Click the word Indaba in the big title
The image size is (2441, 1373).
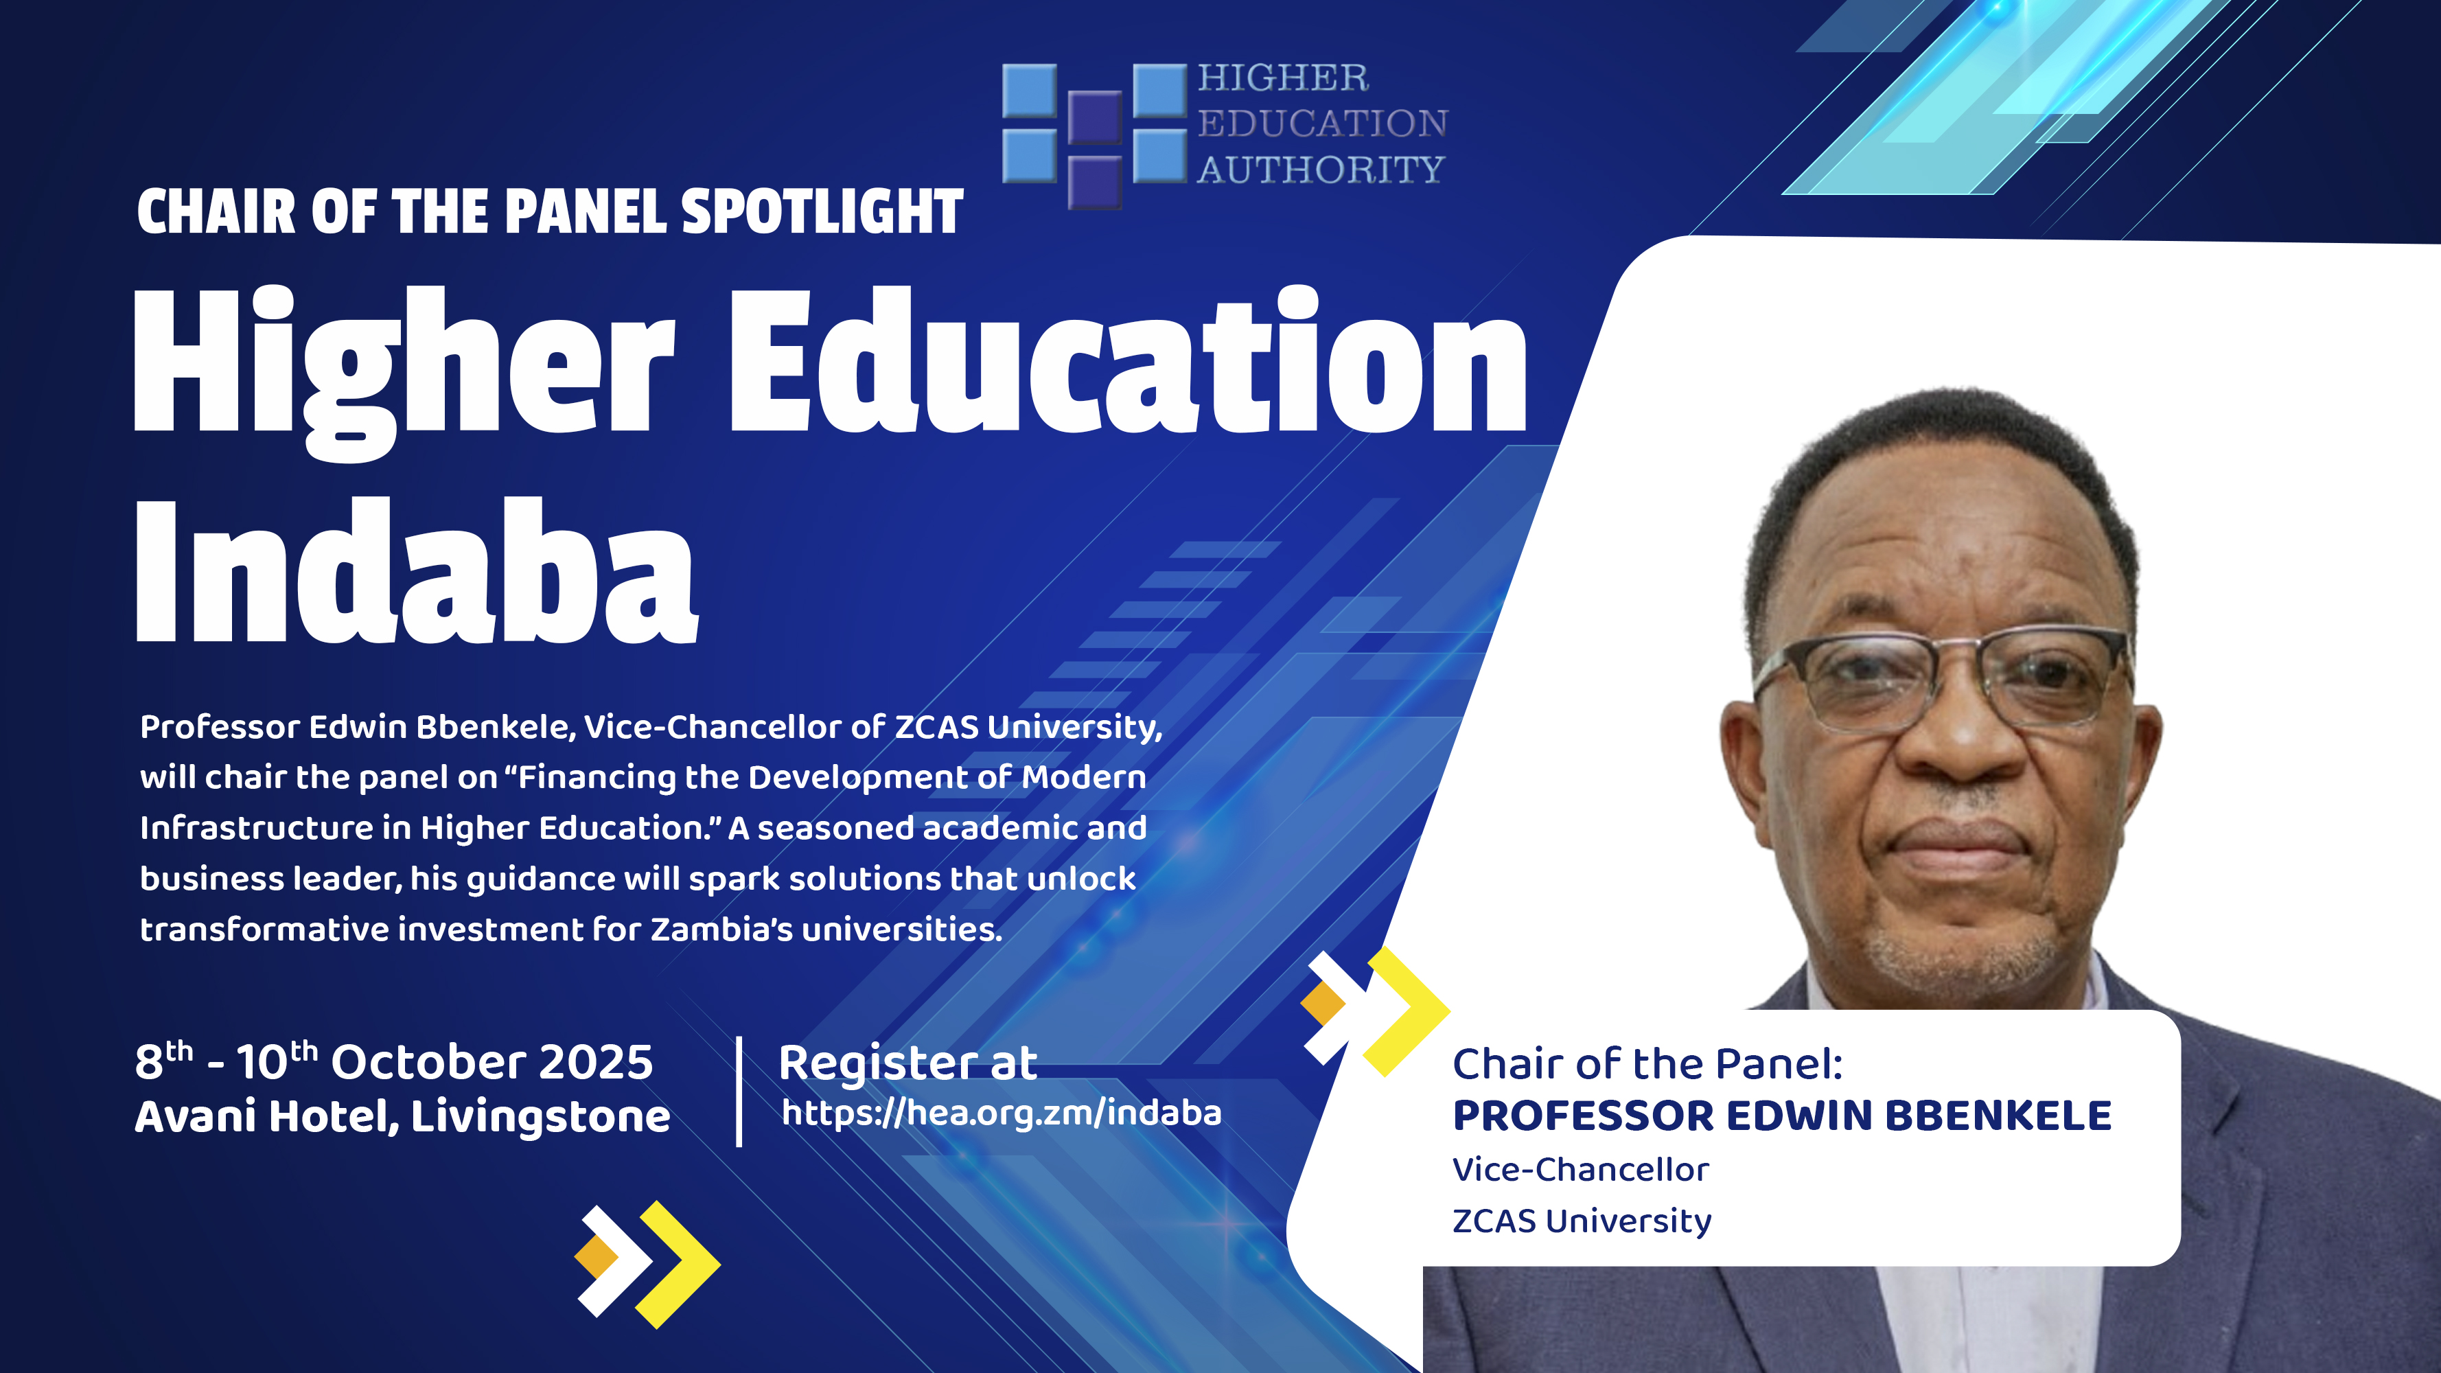[417, 570]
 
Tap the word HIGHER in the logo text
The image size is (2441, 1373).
[1283, 78]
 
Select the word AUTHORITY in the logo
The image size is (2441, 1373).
[1320, 170]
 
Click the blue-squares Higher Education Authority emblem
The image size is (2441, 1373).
[1094, 135]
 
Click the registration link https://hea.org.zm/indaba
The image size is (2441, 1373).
[1002, 1112]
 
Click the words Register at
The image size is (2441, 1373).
[907, 1062]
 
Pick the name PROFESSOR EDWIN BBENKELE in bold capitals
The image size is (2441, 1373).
[1781, 1116]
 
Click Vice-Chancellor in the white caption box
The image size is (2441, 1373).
[1581, 1169]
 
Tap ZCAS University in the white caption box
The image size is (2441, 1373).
[1582, 1221]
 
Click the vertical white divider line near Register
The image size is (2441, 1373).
[739, 1092]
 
